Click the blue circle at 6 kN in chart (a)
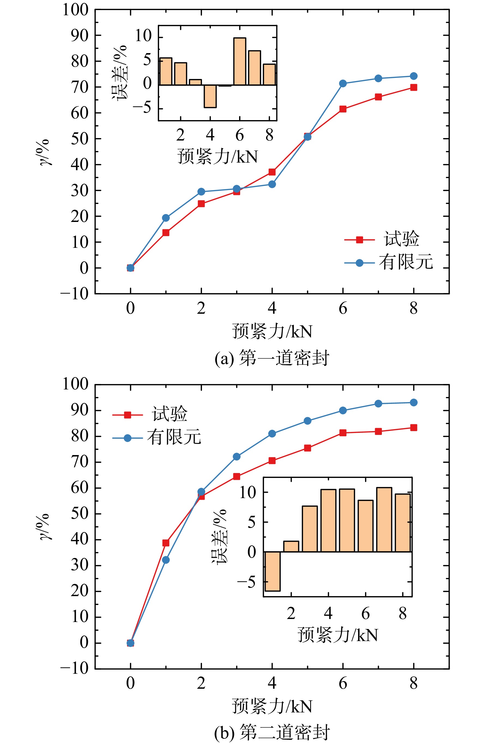[343, 83]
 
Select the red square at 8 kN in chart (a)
[413, 87]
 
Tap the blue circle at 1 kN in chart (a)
[166, 218]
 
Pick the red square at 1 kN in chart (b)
[166, 543]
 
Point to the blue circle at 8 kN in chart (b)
[413, 402]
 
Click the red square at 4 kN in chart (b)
[272, 461]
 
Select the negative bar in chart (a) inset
[210, 96]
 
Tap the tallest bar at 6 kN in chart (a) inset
[240, 61]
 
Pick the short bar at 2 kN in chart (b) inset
[291, 547]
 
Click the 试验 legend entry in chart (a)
[382, 239]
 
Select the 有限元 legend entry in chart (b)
[157, 437]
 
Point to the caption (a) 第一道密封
[272, 358]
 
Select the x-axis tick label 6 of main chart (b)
[343, 683]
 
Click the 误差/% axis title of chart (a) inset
[119, 72]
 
